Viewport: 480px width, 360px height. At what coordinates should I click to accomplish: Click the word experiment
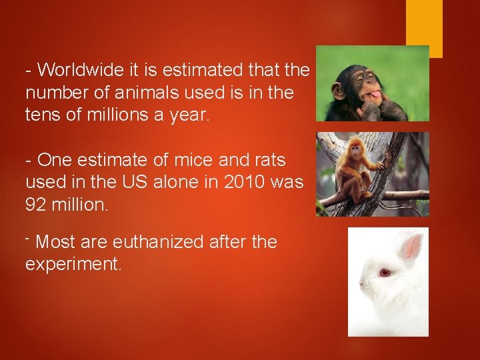point(73,265)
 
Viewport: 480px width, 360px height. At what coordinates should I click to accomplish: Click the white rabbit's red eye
point(384,272)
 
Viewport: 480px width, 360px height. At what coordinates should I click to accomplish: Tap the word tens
point(42,115)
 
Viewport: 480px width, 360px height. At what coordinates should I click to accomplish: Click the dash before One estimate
point(29,160)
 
